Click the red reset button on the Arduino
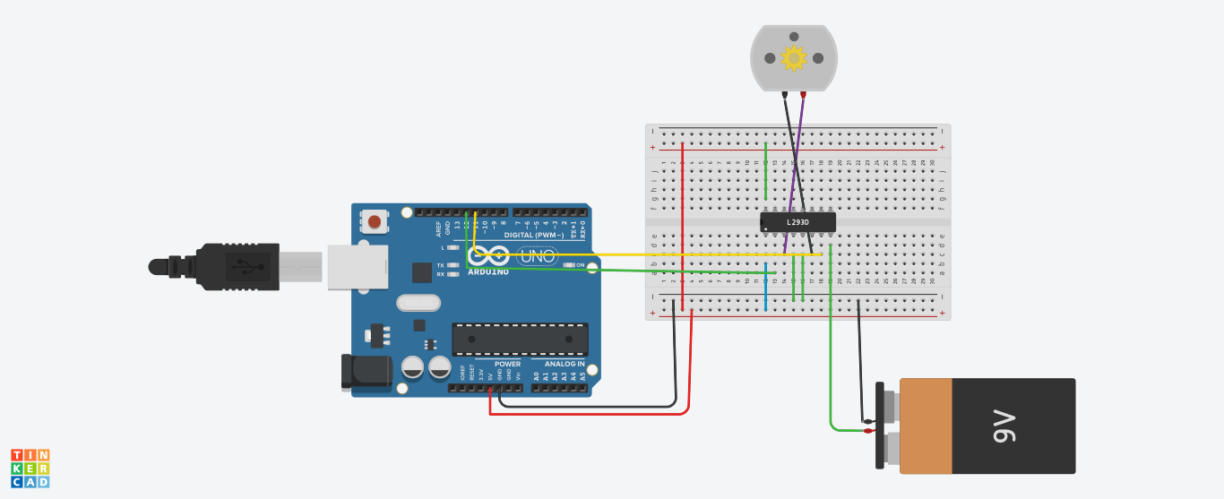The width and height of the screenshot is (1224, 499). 375,221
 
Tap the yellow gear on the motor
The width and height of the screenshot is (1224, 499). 793,58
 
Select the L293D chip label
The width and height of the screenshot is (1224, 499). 797,222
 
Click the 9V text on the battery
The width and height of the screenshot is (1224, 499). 1004,426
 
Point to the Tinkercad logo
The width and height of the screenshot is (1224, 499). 30,469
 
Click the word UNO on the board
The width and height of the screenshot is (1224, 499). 538,256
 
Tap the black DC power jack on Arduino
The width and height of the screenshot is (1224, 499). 366,371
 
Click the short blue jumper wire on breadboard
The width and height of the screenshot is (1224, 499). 766,294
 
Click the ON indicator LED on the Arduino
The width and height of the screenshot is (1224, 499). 568,265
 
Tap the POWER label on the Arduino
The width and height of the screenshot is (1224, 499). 507,364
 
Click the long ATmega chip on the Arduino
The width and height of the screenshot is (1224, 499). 520,340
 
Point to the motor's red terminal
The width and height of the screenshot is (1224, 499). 803,94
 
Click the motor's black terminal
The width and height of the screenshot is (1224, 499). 785,94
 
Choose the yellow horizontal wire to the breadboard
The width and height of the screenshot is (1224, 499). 645,254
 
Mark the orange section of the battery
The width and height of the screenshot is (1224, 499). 926,426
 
